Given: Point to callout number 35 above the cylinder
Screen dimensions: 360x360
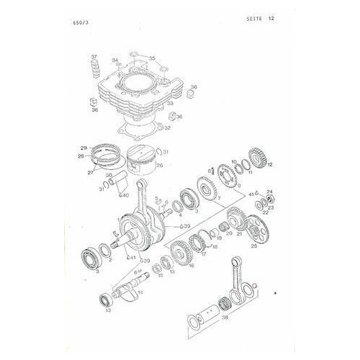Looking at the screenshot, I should [151, 57].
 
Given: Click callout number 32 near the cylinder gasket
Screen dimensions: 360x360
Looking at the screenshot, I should [167, 128].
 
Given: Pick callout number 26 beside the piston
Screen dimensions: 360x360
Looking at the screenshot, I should [160, 165].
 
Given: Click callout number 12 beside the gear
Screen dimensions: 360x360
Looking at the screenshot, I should [270, 166].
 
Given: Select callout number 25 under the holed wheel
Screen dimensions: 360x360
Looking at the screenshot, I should [253, 246].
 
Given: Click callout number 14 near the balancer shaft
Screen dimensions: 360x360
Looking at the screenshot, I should [141, 292].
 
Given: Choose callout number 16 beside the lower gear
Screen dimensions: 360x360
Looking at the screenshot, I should [192, 265].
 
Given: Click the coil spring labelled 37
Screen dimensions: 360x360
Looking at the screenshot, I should [94, 71].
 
